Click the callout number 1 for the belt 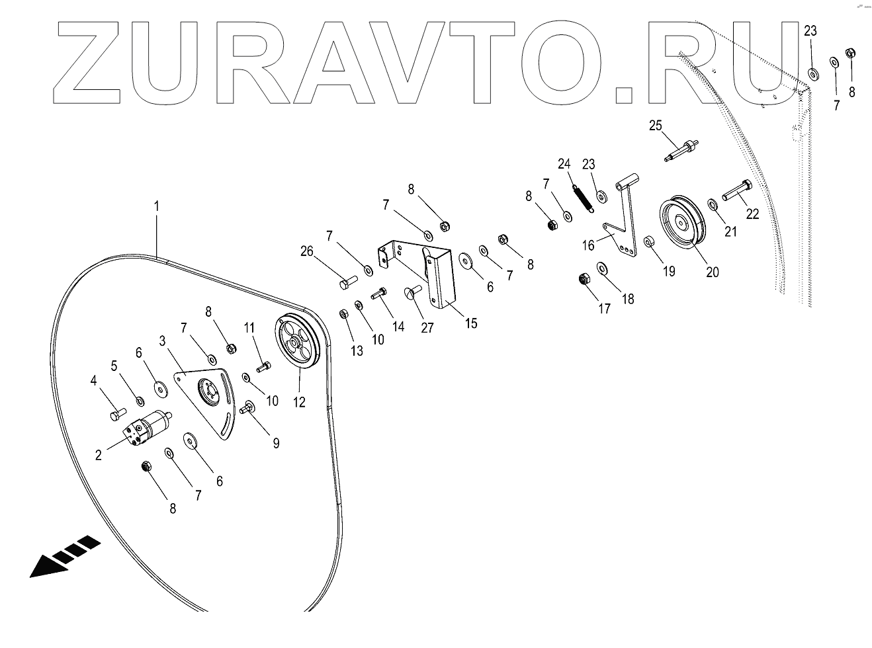pyautogui.click(x=156, y=206)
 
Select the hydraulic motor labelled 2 pyautogui.click(x=148, y=426)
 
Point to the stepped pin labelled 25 pyautogui.click(x=679, y=149)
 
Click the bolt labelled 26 pyautogui.click(x=347, y=284)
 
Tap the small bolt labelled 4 pyautogui.click(x=116, y=414)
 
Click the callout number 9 pyautogui.click(x=275, y=442)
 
